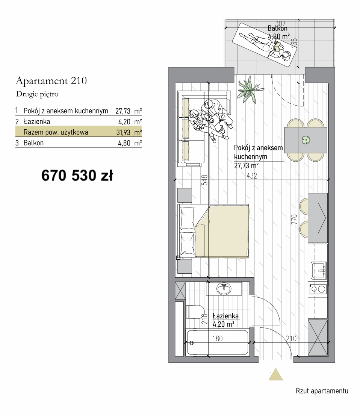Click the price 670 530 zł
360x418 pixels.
[77, 176]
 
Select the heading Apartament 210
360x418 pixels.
[51, 81]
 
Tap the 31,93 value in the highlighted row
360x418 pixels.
[123, 132]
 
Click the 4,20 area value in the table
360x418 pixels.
[124, 122]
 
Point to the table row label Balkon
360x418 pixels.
[33, 143]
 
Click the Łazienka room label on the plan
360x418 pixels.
[225, 316]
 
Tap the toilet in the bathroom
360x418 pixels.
[195, 312]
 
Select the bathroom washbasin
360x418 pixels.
[224, 289]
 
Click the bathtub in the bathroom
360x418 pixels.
[217, 342]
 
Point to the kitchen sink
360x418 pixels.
[318, 270]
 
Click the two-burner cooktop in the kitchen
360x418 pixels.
[318, 289]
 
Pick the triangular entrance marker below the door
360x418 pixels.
[275, 374]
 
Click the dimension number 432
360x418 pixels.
[251, 176]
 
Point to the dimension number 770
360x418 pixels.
[294, 219]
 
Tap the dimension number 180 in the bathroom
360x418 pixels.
[218, 339]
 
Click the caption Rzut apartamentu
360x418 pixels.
[322, 391]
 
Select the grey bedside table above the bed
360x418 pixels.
[185, 195]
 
